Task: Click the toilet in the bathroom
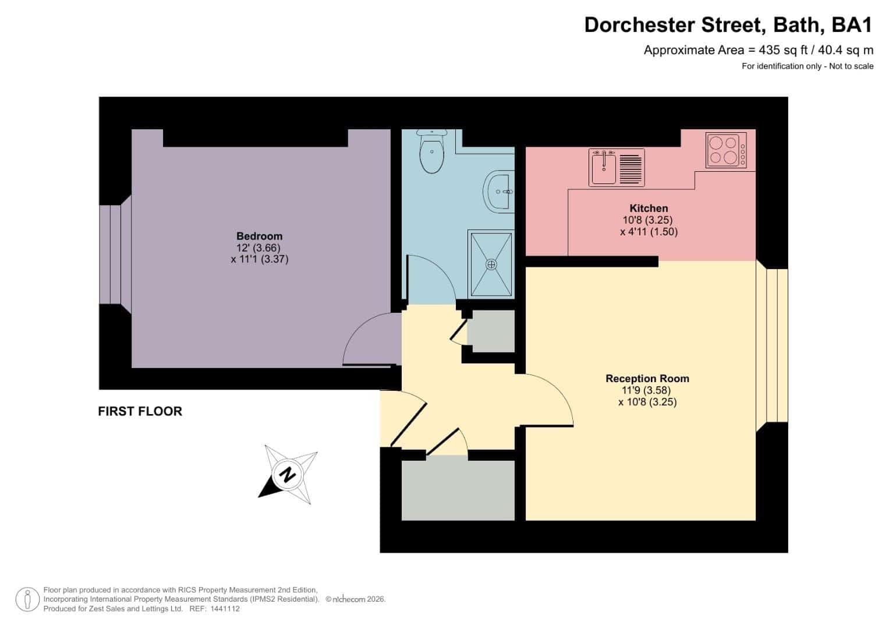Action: pos(432,151)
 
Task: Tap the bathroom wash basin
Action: pos(500,192)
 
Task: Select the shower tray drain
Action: pos(491,264)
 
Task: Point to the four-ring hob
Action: pos(726,150)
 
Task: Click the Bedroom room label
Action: pos(260,236)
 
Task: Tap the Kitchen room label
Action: pos(649,208)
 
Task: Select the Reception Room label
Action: pos(647,379)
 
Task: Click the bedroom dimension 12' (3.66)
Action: pos(258,248)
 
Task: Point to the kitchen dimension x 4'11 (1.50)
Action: pos(649,232)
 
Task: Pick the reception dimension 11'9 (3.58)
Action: pos(646,390)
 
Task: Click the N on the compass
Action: pos(288,475)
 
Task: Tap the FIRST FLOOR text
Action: pos(140,411)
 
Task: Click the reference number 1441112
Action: pos(225,609)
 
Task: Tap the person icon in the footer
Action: pos(27,600)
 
